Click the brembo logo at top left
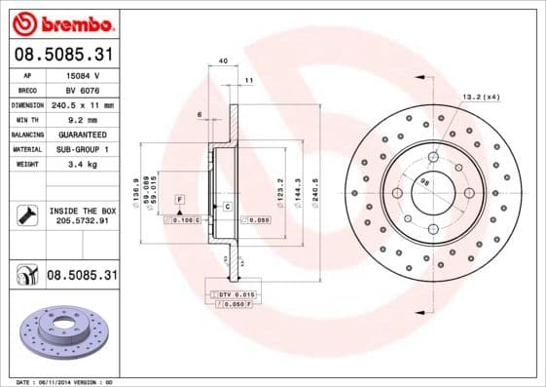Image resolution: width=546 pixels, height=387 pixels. (62, 22)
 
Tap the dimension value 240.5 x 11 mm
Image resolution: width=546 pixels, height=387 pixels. (82, 104)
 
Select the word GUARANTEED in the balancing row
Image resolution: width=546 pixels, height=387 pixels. (82, 134)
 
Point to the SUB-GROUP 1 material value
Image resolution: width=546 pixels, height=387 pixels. (82, 148)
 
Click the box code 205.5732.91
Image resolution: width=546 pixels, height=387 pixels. (82, 222)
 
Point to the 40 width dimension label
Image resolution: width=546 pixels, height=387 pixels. (223, 61)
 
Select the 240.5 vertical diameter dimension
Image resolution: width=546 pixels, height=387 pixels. (314, 190)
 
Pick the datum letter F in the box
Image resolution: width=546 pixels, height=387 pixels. (180, 199)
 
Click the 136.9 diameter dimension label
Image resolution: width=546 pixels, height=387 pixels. (134, 190)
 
